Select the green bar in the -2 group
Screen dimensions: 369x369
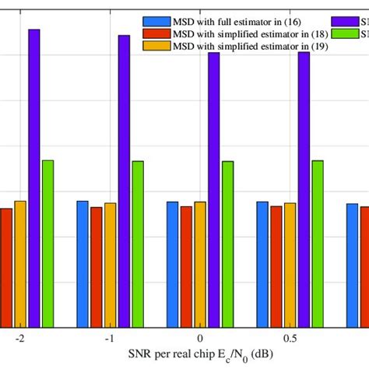click(x=47, y=243)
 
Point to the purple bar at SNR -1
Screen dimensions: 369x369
click(x=124, y=181)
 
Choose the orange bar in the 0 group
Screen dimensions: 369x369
click(x=200, y=264)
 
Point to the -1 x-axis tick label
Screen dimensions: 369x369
click(x=110, y=339)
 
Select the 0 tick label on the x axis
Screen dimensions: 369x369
click(x=200, y=339)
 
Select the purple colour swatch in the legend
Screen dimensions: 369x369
click(x=346, y=22)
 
